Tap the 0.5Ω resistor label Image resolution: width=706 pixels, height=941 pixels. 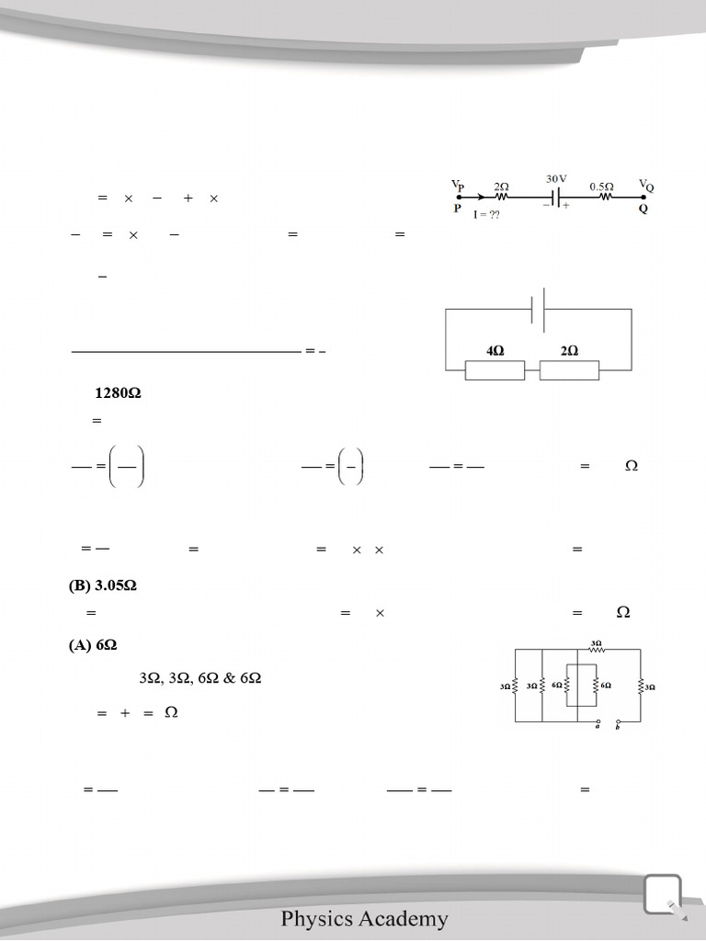tap(602, 185)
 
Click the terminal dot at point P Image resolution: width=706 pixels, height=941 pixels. tap(459, 197)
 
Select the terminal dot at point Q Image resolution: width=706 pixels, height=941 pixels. tap(643, 197)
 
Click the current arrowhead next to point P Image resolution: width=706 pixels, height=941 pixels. tap(479, 197)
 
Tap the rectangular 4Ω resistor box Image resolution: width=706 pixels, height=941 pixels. tap(495, 370)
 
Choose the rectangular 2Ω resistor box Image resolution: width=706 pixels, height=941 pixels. tap(569, 370)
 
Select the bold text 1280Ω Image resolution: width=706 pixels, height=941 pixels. tap(118, 393)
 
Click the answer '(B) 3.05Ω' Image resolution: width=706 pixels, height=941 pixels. tap(103, 585)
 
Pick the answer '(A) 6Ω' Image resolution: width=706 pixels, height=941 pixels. tap(93, 645)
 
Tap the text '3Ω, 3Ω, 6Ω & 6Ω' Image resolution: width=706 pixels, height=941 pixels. tap(200, 677)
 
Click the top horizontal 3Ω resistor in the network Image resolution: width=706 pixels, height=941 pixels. tap(596, 648)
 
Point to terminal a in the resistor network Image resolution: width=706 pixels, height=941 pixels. tap(598, 722)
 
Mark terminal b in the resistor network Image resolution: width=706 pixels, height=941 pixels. tap(619, 722)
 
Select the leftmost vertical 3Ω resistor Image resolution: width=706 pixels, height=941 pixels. tap(516, 686)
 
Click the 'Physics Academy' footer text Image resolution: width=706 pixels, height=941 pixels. tap(365, 918)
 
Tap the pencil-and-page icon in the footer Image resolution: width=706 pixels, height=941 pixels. tap(664, 895)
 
